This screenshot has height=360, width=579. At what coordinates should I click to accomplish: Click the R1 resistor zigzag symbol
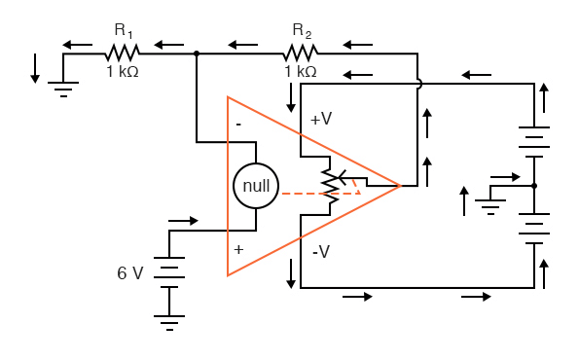coord(124,54)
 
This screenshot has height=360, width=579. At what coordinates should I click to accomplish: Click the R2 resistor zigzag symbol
coord(301,54)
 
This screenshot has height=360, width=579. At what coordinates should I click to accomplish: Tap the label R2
coord(301,32)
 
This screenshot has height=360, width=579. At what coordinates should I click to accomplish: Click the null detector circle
coord(255,185)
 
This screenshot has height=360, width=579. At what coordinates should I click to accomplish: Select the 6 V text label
coord(129,273)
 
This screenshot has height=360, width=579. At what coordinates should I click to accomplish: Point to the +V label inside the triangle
coord(321,119)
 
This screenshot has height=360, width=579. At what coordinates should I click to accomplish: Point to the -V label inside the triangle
coord(322,251)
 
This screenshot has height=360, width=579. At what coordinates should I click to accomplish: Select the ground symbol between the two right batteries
coord(492,203)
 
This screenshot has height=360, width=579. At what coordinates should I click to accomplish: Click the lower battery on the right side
coord(534,230)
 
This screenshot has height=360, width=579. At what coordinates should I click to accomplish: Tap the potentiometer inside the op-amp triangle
coord(331,185)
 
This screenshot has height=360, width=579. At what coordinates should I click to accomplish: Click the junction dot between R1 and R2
coord(197,54)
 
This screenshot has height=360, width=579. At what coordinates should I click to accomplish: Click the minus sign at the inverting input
coord(237,124)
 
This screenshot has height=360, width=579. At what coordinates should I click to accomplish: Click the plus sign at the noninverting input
coord(237,249)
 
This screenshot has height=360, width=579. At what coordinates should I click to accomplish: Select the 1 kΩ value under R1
coord(124,72)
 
